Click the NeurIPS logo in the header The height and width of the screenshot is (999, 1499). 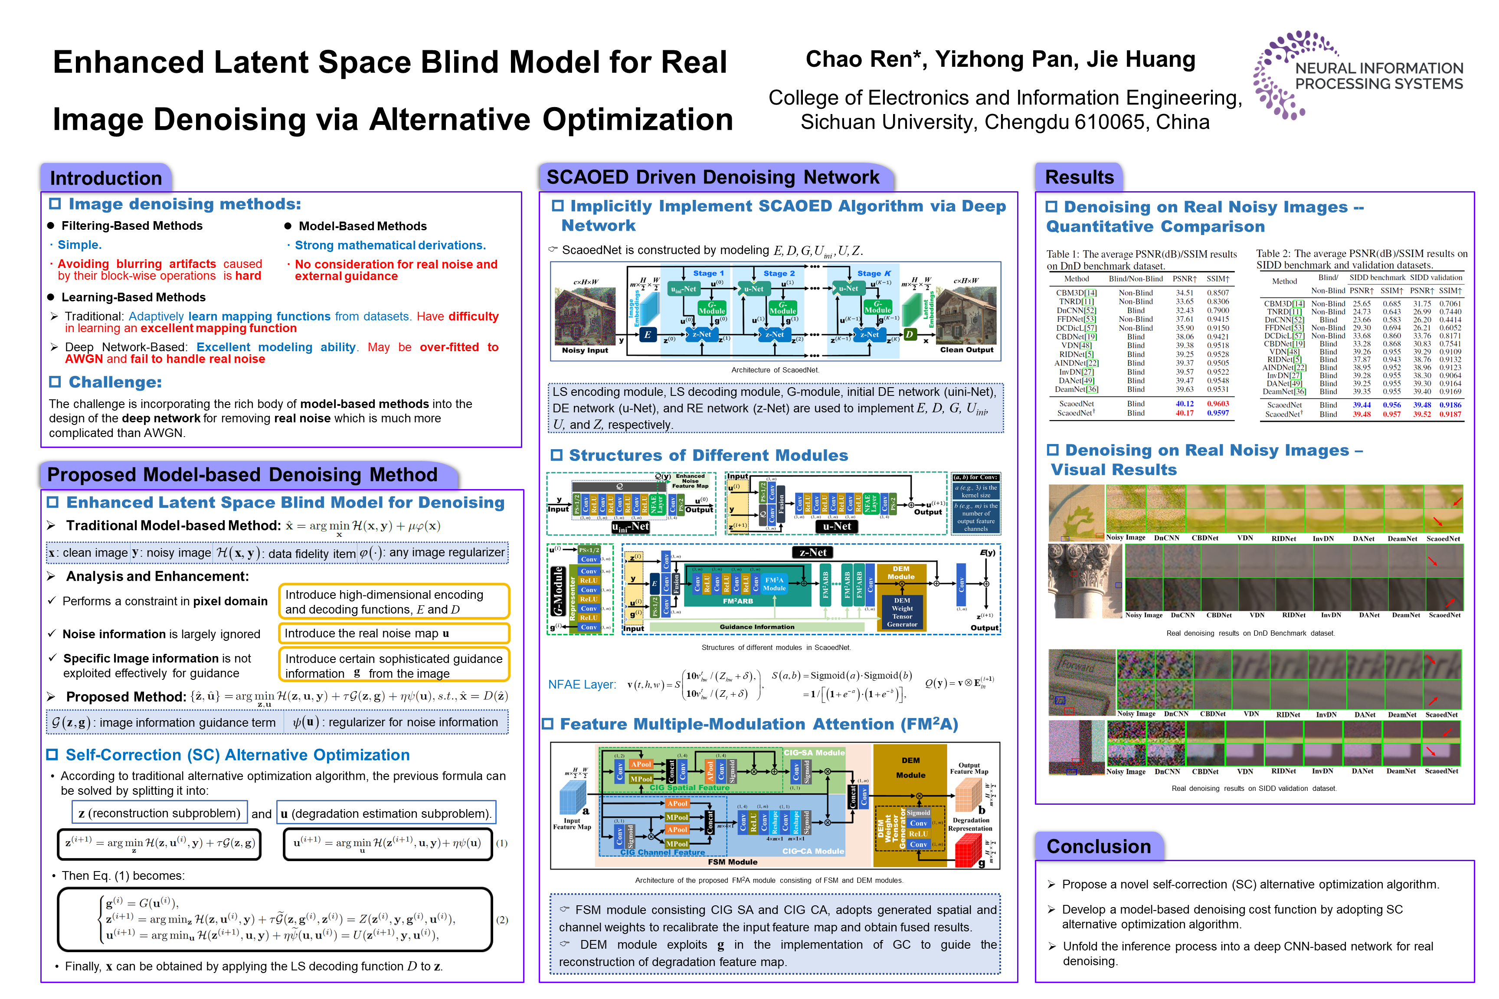click(1358, 75)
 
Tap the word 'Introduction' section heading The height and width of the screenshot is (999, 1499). click(106, 178)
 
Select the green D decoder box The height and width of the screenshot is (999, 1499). click(910, 334)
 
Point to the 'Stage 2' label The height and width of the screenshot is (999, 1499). click(779, 273)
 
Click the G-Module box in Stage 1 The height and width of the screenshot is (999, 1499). click(712, 308)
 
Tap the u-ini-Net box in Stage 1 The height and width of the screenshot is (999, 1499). click(683, 289)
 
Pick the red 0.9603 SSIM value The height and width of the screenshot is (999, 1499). click(1218, 403)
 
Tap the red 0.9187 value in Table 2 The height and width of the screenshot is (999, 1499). click(1450, 414)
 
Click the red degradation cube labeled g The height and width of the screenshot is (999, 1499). click(968, 850)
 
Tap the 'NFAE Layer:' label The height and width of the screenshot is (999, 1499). click(582, 684)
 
